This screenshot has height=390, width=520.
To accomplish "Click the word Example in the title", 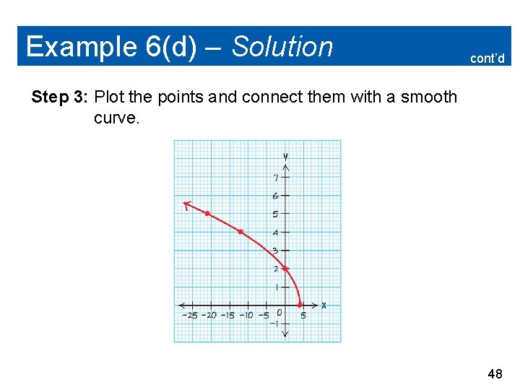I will [x=79, y=47].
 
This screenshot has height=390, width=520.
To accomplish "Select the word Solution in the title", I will [x=282, y=47].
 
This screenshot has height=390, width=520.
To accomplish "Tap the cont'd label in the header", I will [x=487, y=58].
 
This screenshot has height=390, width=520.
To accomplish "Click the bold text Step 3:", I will [x=60, y=97].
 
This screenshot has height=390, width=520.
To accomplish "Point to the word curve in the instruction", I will [x=116, y=118].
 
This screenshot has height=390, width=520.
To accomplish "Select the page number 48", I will [x=495, y=374].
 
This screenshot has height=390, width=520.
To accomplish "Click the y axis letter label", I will [x=286, y=156].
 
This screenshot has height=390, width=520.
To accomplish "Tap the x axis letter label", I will [x=324, y=305].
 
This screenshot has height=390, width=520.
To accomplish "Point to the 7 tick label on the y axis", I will [x=275, y=178].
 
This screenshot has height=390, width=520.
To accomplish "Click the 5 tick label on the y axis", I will [x=275, y=214].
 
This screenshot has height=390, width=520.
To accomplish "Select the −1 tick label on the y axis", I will [x=274, y=324].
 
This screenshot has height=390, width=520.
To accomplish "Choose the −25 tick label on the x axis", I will [x=189, y=315].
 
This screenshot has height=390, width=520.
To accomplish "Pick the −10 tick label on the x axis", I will [x=246, y=315].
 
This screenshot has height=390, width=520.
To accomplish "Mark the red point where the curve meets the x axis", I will [x=300, y=305].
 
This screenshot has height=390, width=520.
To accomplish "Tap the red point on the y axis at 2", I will [x=285, y=269].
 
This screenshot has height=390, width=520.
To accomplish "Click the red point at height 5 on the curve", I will [x=207, y=214].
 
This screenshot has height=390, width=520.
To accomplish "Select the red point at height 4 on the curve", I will [x=240, y=232].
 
